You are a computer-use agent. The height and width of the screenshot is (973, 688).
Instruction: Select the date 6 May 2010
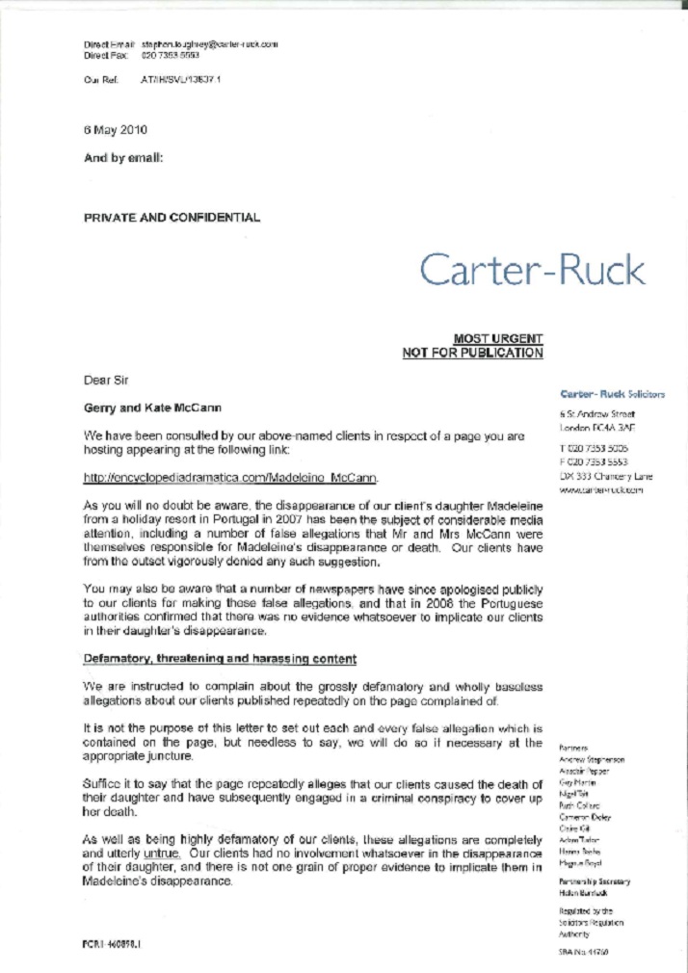[x=116, y=129]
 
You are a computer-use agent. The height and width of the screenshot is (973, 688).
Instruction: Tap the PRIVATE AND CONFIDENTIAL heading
[x=172, y=218]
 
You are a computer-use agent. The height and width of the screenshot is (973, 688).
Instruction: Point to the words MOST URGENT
[x=497, y=339]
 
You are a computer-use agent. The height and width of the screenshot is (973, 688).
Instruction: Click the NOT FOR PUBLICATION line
[x=472, y=354]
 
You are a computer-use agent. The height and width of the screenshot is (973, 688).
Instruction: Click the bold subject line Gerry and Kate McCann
[x=152, y=408]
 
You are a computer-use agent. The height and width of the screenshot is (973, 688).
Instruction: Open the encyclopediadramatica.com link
[x=230, y=478]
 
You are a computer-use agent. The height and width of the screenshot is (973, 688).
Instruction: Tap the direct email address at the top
[x=209, y=44]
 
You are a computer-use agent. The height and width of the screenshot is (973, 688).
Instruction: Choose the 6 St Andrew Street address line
[x=598, y=414]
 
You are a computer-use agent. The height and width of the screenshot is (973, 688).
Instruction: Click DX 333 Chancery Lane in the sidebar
[x=606, y=476]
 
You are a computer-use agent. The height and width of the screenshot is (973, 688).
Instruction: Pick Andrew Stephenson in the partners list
[x=592, y=759]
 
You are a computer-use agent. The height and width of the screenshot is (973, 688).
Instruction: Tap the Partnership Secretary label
[x=595, y=881]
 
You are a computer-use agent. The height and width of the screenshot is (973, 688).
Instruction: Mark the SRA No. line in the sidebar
[x=583, y=951]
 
